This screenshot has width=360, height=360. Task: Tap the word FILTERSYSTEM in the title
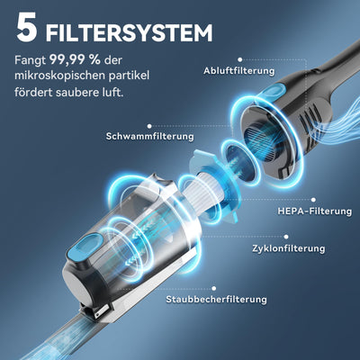click(129, 33)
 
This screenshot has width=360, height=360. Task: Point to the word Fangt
click(35, 61)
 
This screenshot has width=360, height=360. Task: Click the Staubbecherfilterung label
click(218, 300)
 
